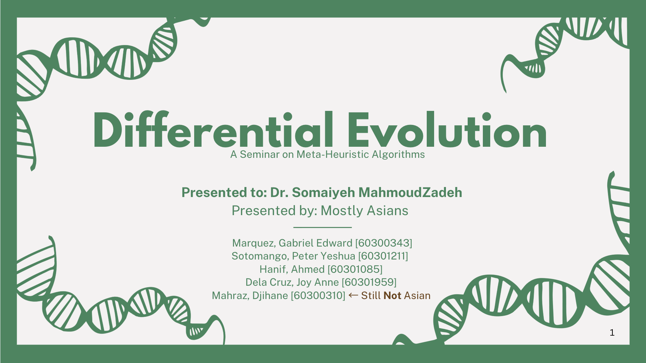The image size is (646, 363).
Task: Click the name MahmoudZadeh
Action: (410, 193)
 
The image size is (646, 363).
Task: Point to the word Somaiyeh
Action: (323, 193)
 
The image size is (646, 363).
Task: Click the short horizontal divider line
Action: (322, 227)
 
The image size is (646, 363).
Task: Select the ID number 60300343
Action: (384, 243)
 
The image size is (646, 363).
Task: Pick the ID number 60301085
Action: (355, 269)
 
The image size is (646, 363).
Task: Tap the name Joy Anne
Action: (317, 282)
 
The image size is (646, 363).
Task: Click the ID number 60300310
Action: (318, 296)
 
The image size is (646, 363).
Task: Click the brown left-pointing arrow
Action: (353, 295)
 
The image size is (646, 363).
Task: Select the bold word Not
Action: (392, 296)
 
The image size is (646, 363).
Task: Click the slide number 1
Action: (612, 333)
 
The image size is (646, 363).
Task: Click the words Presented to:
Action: (224, 193)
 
